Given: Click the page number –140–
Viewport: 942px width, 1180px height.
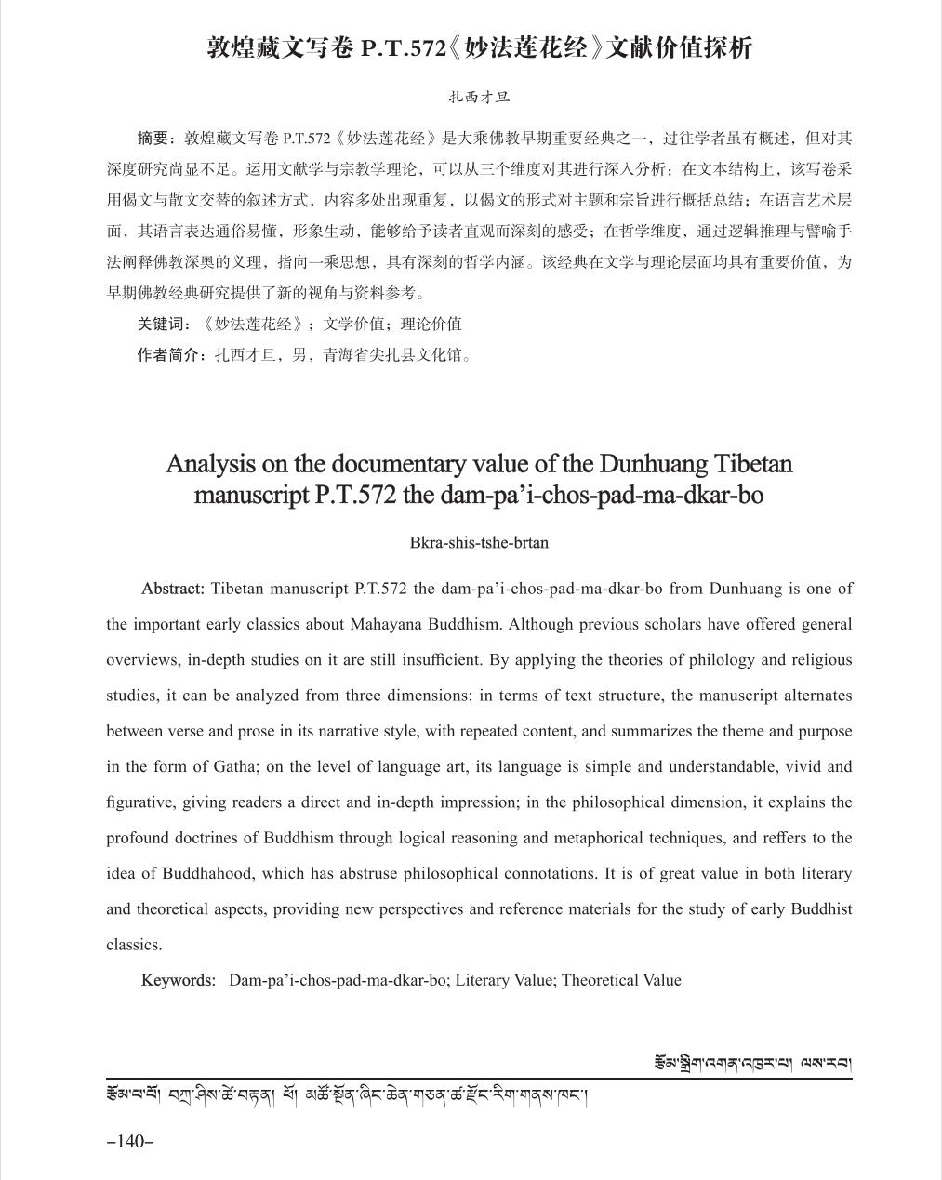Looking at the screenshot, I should point(130,1141).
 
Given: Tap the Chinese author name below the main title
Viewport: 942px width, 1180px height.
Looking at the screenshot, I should point(479,97).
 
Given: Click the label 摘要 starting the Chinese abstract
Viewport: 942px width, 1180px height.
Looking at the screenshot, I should point(153,139).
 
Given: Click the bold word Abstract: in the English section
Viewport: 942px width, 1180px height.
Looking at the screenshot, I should point(172,589).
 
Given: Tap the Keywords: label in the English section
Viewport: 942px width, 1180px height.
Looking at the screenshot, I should point(179,980).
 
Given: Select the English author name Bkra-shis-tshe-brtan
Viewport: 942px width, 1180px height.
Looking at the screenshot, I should point(479,543).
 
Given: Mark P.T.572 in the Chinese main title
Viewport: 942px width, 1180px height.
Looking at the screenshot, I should point(404,48).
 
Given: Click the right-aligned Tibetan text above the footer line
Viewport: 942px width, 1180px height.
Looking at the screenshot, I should point(752,1063).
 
